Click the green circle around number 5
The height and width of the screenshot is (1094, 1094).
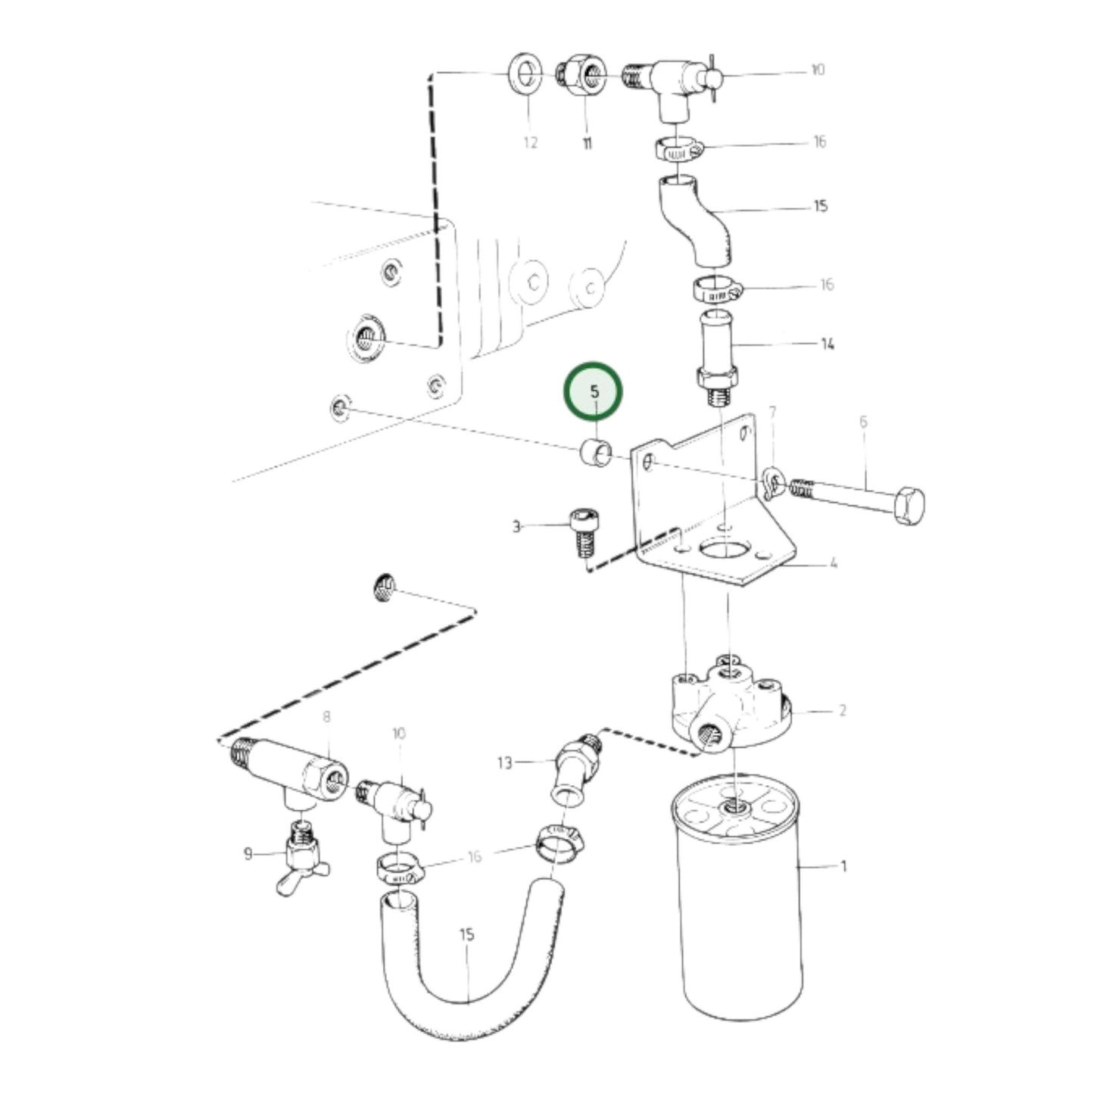594,391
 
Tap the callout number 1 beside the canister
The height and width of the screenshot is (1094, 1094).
843,866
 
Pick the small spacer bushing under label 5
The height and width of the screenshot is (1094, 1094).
595,453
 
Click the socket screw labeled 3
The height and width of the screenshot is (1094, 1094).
581,529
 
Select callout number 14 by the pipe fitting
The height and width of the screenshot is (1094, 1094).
828,344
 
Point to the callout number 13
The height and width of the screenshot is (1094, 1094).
505,762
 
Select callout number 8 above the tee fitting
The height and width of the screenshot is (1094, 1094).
326,716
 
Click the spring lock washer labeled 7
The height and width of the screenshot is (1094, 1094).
771,482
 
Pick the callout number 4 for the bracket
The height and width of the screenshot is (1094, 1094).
833,563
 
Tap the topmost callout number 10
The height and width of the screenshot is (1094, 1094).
817,70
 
